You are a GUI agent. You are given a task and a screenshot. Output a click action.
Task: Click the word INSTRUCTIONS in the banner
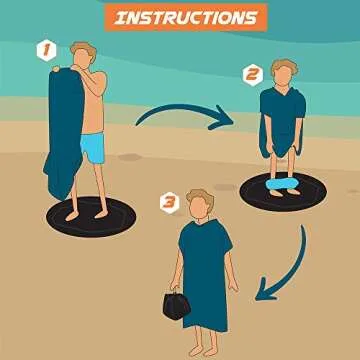pyautogui.click(x=183, y=18)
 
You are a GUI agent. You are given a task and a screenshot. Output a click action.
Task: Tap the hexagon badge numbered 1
pyautogui.click(x=44, y=48)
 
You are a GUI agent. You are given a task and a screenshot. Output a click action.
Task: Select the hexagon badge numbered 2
pyautogui.click(x=251, y=73)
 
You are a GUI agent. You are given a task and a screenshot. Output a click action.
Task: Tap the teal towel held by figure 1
pyautogui.click(x=63, y=130)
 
